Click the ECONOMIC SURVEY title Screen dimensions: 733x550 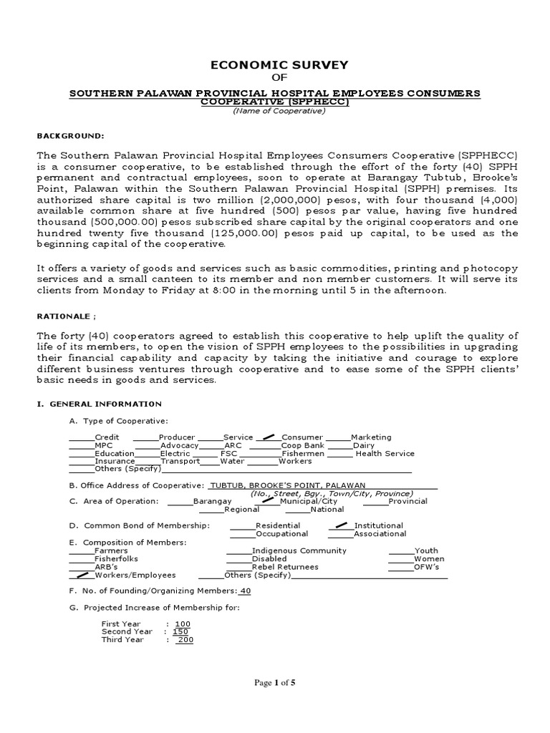[x=279, y=65]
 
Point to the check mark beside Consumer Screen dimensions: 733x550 [x=269, y=435]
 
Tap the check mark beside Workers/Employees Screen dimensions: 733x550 [x=82, y=574]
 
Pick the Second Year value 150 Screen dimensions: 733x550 [x=180, y=631]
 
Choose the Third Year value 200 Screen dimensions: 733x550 [x=185, y=640]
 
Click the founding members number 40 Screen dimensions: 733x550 [x=245, y=591]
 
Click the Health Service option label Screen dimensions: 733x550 [x=385, y=454]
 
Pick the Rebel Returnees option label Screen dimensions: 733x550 [x=286, y=567]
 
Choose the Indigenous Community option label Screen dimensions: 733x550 [x=299, y=550]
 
